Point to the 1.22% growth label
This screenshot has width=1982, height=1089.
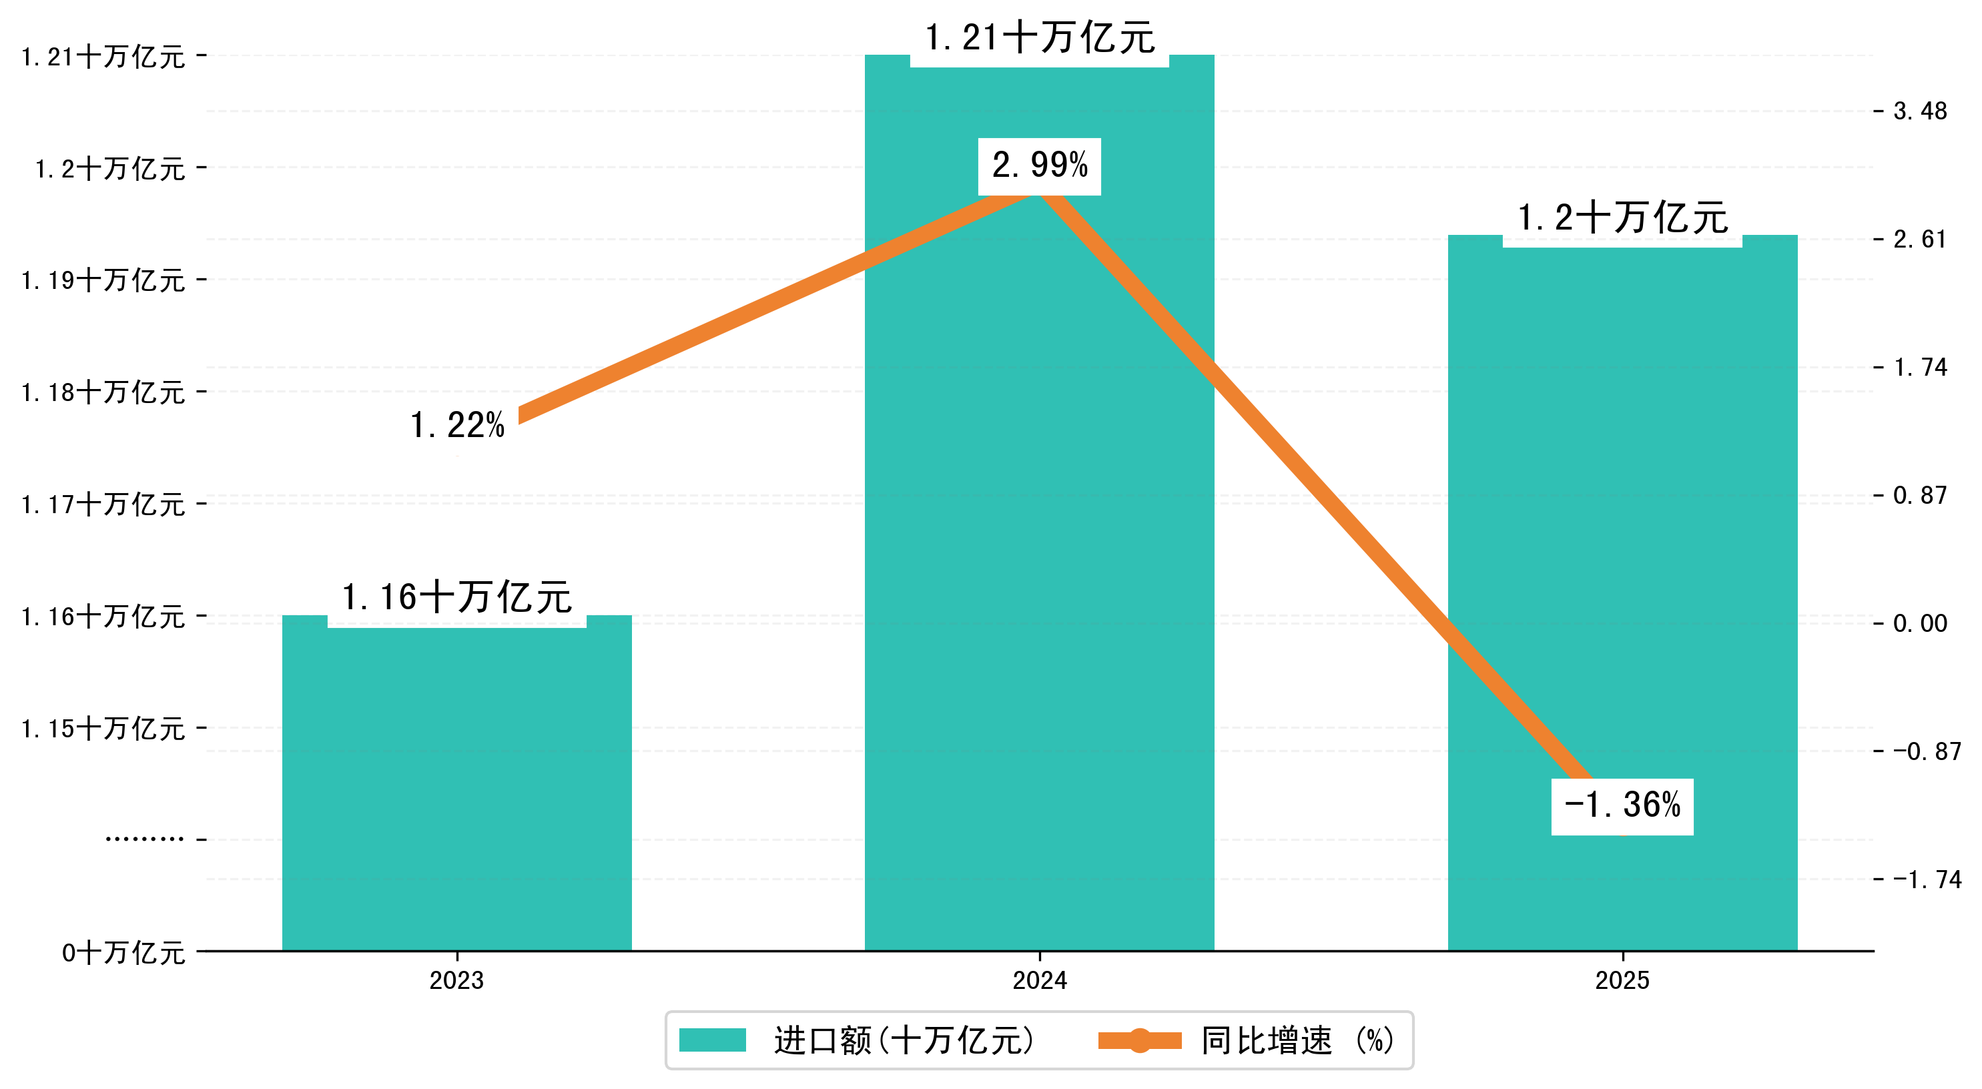click(x=457, y=425)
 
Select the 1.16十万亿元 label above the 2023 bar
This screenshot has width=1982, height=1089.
click(x=456, y=597)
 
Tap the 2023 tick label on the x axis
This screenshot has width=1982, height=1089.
click(x=456, y=980)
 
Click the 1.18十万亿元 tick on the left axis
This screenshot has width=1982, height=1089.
click(x=103, y=392)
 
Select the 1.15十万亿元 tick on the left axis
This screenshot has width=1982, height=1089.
click(x=103, y=728)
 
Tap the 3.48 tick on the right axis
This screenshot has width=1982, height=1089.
click(x=1920, y=111)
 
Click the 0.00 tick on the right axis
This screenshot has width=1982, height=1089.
click(x=1920, y=623)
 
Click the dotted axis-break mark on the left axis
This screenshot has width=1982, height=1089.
click(x=145, y=839)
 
